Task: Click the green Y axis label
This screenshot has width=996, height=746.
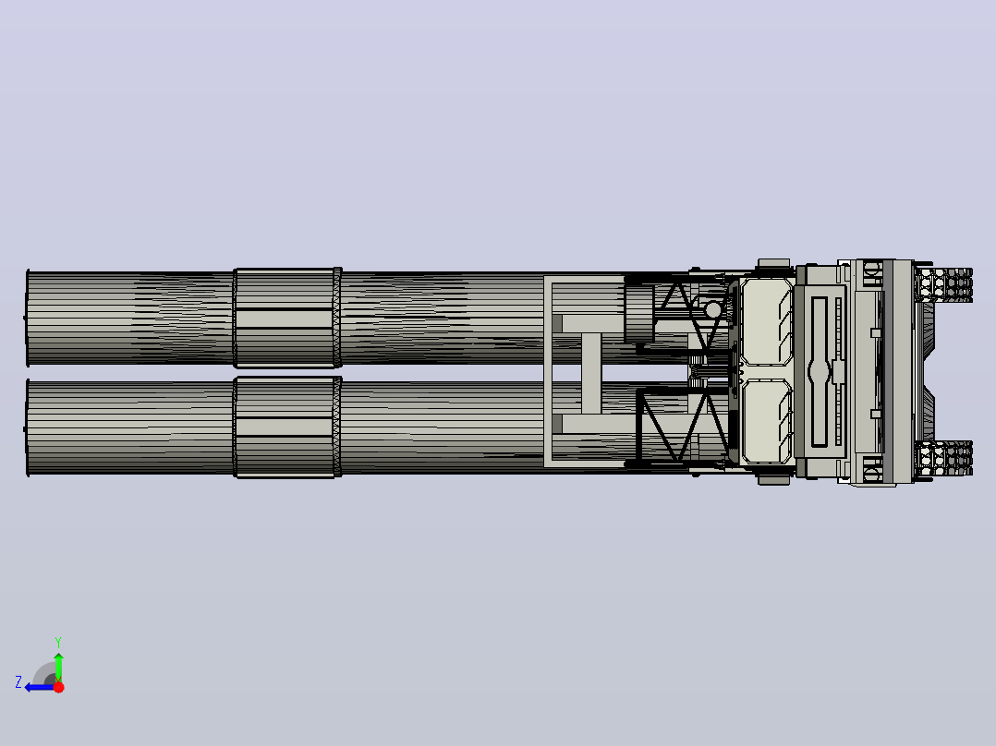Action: click(x=58, y=642)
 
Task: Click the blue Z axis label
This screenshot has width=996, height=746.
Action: click(x=18, y=682)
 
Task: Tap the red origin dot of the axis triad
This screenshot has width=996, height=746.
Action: click(x=58, y=687)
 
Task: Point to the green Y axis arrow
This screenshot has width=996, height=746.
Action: click(x=58, y=667)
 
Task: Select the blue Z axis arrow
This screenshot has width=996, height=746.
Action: click(x=40, y=688)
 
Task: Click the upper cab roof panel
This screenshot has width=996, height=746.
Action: click(x=766, y=322)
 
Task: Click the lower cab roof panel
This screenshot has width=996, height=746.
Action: click(x=766, y=421)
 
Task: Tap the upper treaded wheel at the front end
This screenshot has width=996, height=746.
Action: click(x=944, y=284)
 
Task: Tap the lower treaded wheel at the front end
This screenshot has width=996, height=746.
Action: click(x=944, y=457)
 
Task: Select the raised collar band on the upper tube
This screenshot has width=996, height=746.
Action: click(x=287, y=319)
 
